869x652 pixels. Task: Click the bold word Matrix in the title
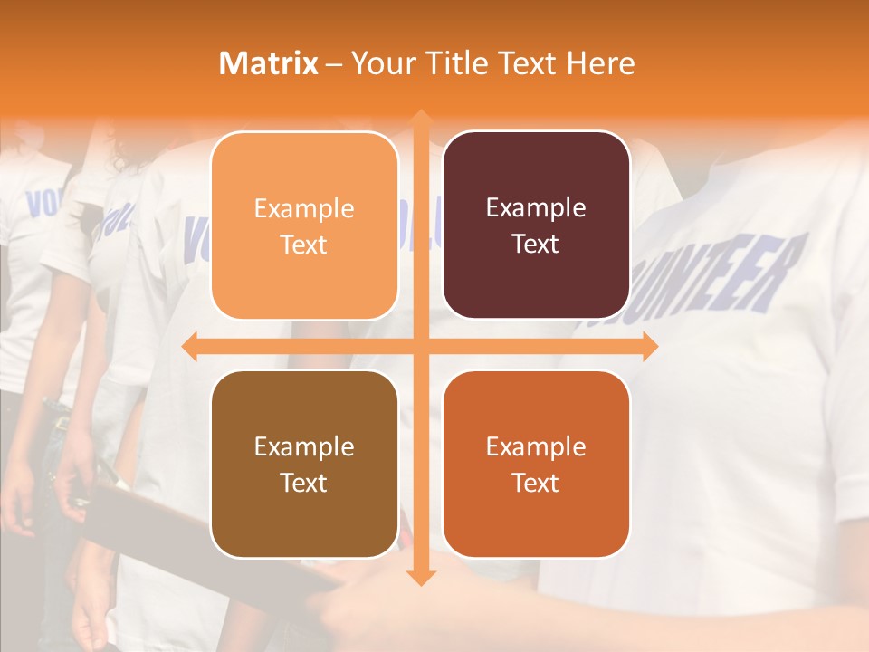coord(269,63)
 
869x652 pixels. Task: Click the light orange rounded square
coord(304,225)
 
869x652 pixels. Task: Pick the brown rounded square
coord(304,464)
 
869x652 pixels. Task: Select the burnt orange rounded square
coord(536,464)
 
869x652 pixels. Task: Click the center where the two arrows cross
coord(420,346)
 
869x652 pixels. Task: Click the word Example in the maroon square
coord(536,208)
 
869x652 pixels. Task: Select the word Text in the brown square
coord(304,483)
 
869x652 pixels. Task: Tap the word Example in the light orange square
coord(304,209)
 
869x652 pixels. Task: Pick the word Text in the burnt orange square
coord(536,483)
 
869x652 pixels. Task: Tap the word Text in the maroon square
coord(536,244)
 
